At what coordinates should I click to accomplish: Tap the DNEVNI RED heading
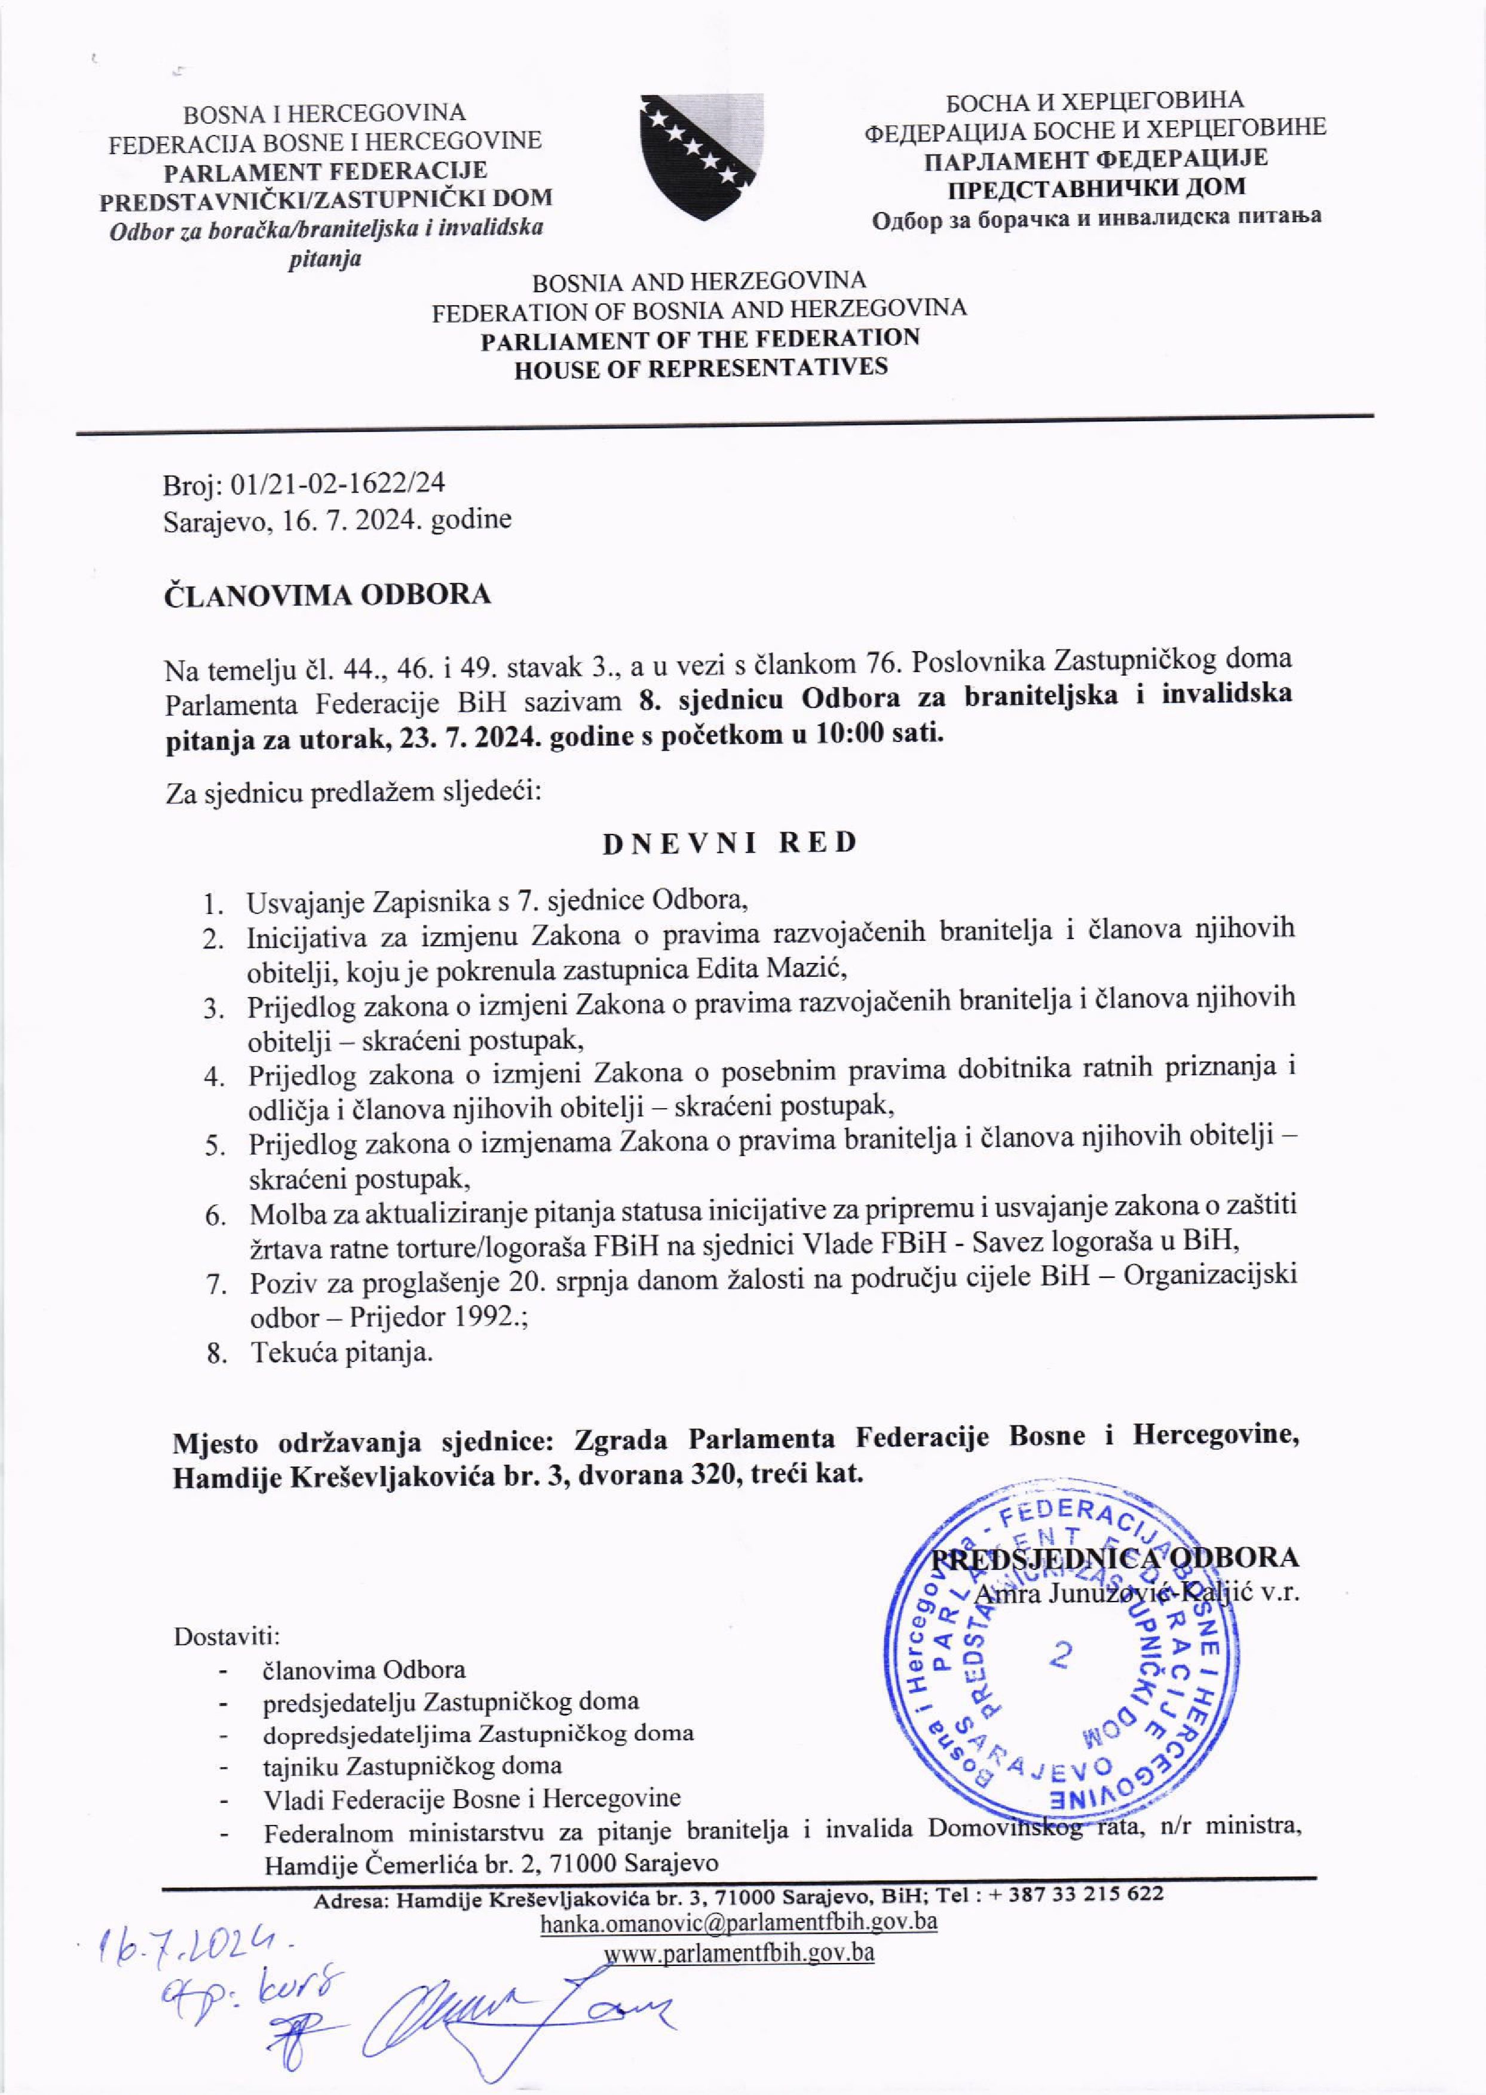[730, 842]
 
